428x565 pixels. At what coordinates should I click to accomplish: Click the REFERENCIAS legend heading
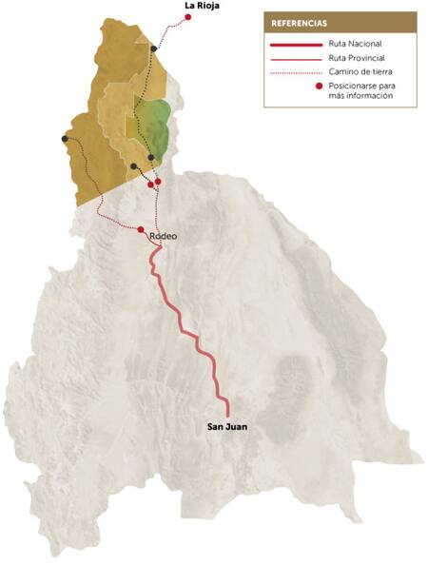[300, 22]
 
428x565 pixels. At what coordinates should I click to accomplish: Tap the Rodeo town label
[165, 237]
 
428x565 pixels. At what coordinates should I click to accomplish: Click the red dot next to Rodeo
[141, 230]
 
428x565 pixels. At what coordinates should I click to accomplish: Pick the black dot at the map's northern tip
[153, 48]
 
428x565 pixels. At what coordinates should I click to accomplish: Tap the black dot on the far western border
[65, 139]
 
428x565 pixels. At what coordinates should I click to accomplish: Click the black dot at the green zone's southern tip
[151, 157]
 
